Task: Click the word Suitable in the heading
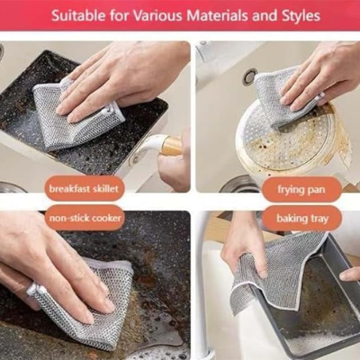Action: [x=78, y=15]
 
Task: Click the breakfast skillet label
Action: [x=84, y=189]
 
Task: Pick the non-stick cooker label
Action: [x=85, y=218]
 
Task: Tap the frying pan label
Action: [x=301, y=190]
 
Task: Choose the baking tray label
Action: [x=301, y=219]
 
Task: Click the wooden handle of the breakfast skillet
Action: [x=171, y=146]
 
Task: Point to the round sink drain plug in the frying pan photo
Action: [x=249, y=76]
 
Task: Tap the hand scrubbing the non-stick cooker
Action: [x=51, y=264]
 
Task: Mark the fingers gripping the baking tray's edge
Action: [x=350, y=274]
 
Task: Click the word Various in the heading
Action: [x=157, y=15]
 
